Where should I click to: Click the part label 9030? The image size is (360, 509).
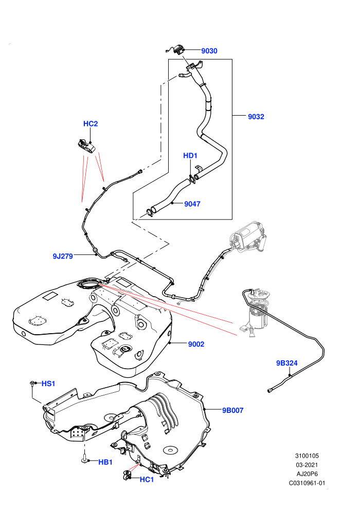209,50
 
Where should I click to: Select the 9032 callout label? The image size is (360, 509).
256,117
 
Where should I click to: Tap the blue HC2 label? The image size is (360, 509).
91,124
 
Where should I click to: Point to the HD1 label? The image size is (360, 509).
190,155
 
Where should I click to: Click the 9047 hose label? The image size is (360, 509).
192,204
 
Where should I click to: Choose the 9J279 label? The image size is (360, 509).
63,256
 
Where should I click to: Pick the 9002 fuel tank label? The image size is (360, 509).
196,344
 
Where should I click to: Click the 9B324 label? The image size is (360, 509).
286,363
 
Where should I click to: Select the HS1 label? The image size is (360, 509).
48,384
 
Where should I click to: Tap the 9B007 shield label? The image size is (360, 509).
232,410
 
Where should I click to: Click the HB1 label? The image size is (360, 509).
105,462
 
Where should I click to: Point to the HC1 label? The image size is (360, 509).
147,480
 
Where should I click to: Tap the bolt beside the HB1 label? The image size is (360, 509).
84,459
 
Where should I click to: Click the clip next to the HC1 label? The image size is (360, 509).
127,475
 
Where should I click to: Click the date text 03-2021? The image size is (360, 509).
307,465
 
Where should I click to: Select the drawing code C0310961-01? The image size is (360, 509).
307,483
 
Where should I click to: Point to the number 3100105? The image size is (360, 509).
307,456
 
